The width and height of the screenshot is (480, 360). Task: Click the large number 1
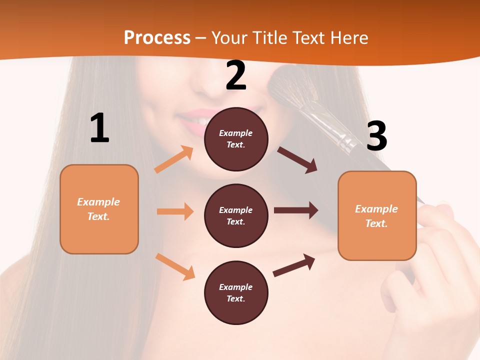pyautogui.click(x=99, y=128)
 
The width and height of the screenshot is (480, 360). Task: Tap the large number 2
pyautogui.click(x=236, y=75)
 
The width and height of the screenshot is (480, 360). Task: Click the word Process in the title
pyautogui.click(x=157, y=37)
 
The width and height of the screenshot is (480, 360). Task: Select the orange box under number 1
pyautogui.click(x=99, y=209)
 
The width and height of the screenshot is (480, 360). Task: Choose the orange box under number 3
pyautogui.click(x=377, y=215)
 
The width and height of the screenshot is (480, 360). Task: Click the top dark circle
pyautogui.click(x=236, y=139)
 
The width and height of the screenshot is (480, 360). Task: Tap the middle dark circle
pyautogui.click(x=236, y=215)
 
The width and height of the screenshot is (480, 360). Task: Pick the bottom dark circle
pyautogui.click(x=236, y=292)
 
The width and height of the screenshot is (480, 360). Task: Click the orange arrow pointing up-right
pyautogui.click(x=174, y=159)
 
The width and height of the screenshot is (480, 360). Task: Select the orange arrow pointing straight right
pyautogui.click(x=175, y=211)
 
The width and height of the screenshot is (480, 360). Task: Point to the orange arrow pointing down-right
pyautogui.click(x=175, y=266)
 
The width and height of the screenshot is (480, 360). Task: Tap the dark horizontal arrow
pyautogui.click(x=296, y=210)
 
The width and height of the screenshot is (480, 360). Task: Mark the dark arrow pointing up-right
pyautogui.click(x=294, y=265)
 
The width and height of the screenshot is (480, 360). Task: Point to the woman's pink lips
pyautogui.click(x=192, y=120)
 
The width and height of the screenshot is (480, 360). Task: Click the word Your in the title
pyautogui.click(x=230, y=37)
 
